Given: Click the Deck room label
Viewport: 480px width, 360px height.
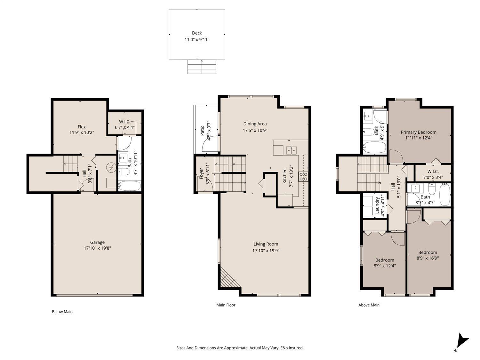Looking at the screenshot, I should pyautogui.click(x=197, y=33).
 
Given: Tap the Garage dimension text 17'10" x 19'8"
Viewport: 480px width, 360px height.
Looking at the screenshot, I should pyautogui.click(x=97, y=248).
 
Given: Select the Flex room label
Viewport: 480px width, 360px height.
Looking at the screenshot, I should pyautogui.click(x=82, y=127).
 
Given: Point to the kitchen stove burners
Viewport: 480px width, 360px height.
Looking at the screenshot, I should pyautogui.click(x=303, y=177).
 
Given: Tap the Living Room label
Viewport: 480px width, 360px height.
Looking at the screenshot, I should pyautogui.click(x=266, y=244).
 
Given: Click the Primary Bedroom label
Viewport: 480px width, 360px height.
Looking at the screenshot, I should pyautogui.click(x=419, y=132).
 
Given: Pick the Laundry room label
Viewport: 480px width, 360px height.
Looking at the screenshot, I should pyautogui.click(x=377, y=205).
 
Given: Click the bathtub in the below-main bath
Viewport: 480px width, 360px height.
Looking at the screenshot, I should pyautogui.click(x=129, y=186).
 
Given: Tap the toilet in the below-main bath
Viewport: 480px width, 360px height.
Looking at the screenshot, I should pyautogui.click(x=125, y=172).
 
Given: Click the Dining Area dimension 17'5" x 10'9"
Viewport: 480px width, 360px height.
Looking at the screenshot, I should pyautogui.click(x=255, y=130).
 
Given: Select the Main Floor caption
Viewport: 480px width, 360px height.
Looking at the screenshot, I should pyautogui.click(x=226, y=305).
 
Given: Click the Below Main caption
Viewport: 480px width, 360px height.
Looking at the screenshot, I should pyautogui.click(x=62, y=312).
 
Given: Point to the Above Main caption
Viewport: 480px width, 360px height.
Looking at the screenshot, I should pyautogui.click(x=369, y=305).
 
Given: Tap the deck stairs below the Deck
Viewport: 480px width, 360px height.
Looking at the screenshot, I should pyautogui.click(x=202, y=67).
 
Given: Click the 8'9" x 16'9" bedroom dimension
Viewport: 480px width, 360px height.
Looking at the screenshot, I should pyautogui.click(x=428, y=258).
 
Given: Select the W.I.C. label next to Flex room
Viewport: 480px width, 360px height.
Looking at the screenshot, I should pyautogui.click(x=124, y=122).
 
